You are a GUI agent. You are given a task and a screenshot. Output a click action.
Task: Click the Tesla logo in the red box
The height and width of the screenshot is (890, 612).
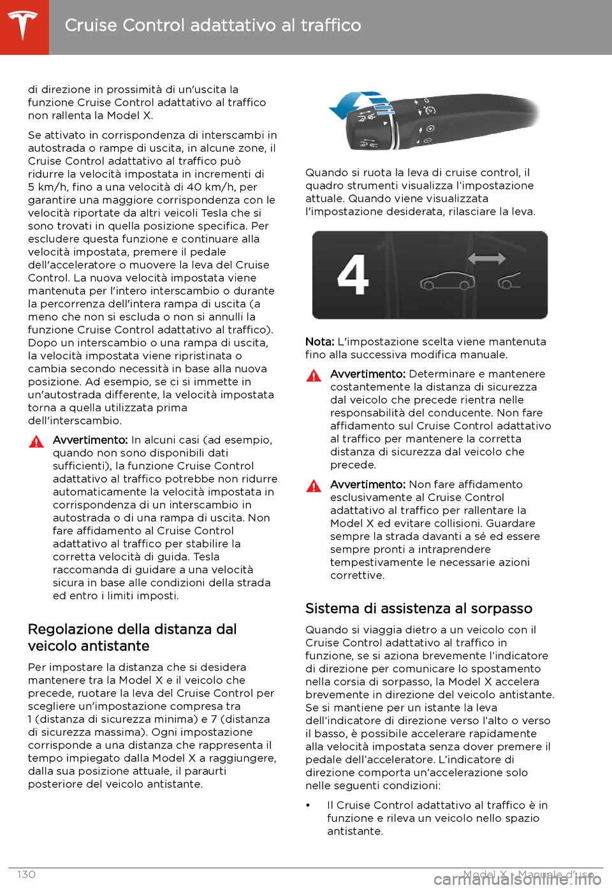coord(24,26)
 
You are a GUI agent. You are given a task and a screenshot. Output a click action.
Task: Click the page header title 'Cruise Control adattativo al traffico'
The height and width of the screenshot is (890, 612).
coord(213,26)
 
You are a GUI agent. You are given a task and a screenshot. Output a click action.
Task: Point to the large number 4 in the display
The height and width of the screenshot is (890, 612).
coord(353,275)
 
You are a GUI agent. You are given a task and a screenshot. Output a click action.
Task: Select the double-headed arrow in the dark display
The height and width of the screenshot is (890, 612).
coord(486,258)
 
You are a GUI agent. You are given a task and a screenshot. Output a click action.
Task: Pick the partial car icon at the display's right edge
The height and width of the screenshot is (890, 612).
coord(509,280)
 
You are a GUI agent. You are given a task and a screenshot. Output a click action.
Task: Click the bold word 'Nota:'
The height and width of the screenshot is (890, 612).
coord(319,342)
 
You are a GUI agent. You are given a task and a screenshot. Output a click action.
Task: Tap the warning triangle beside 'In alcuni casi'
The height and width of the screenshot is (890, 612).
coord(36,441)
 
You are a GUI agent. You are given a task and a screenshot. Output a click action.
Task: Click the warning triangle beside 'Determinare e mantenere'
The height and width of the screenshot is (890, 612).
coord(314,376)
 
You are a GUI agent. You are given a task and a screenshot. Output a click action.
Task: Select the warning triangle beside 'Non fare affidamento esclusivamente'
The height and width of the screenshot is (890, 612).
coord(314,486)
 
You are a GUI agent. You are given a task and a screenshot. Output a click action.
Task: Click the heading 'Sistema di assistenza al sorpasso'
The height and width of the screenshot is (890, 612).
coord(418,608)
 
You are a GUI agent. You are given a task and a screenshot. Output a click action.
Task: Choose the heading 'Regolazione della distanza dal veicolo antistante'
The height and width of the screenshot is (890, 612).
coord(132,638)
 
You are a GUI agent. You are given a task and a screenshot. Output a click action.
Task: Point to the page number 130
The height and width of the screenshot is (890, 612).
coord(26,875)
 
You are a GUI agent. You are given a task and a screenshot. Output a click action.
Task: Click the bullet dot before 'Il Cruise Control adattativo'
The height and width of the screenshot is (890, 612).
coord(308,806)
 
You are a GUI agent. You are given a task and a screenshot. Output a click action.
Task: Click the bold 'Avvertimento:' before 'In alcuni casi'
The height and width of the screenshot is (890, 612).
coord(90,440)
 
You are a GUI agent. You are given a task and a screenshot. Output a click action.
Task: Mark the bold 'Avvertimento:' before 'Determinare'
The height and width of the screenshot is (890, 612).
coord(367,374)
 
